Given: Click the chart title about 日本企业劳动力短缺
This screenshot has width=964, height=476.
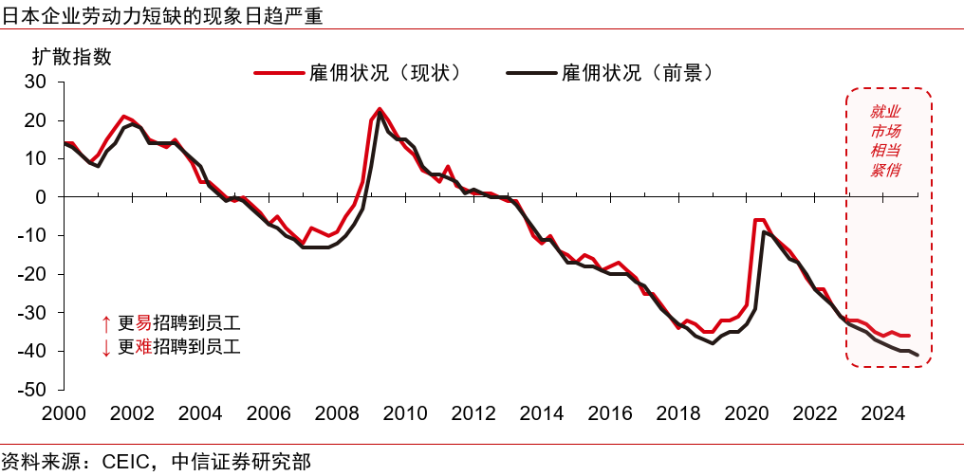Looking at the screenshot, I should [161, 14].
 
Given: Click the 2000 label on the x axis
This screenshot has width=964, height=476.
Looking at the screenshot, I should [64, 413].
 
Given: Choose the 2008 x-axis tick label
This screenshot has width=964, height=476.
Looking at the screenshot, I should [338, 413].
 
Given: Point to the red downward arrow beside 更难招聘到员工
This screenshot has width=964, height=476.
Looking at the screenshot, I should [105, 348].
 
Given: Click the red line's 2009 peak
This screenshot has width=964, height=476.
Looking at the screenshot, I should [380, 109].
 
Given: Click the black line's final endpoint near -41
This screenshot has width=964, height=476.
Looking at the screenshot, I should [918, 356].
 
